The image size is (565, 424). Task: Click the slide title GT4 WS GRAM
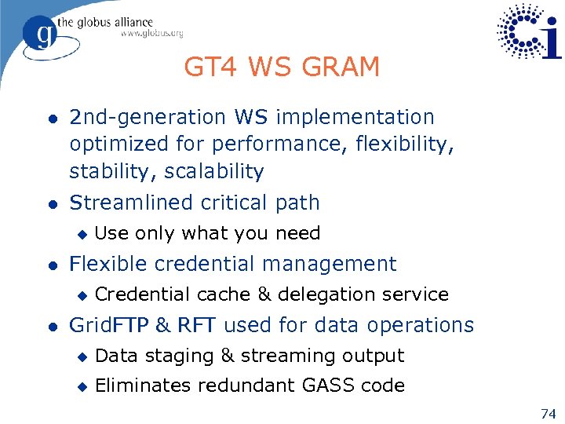point(282,68)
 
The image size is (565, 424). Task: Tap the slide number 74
point(548,414)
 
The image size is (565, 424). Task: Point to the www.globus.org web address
point(151,34)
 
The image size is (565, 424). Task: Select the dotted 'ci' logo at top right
point(530,31)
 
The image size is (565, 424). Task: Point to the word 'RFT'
point(198,325)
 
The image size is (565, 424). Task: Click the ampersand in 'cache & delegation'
point(264,294)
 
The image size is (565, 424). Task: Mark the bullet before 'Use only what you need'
point(79,234)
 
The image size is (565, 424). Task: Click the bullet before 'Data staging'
point(79,356)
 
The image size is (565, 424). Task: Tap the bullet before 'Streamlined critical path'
point(51,203)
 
